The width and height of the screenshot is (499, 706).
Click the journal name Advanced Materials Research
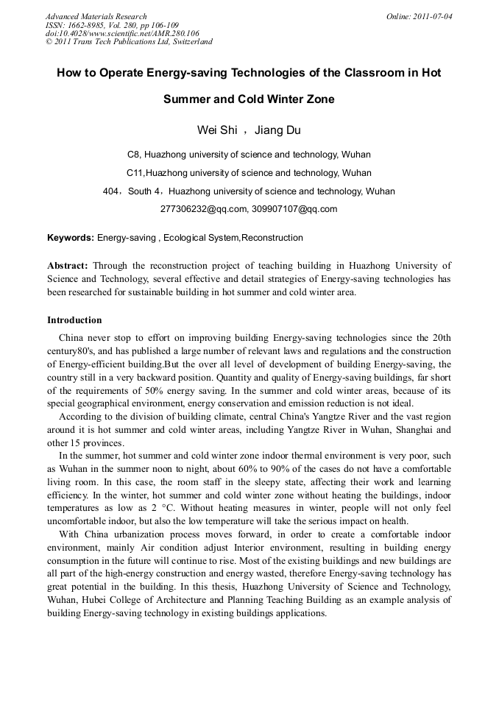tap(96, 16)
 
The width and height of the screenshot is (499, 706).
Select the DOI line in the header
tap(122, 33)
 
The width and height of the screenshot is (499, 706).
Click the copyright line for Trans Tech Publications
tap(129, 42)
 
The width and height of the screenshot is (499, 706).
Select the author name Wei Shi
tap(217, 130)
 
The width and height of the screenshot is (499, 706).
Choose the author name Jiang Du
tap(277, 130)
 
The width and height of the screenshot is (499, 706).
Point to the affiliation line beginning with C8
tap(249, 155)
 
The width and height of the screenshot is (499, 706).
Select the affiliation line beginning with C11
tap(249, 173)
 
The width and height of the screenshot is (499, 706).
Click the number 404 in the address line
tap(111, 191)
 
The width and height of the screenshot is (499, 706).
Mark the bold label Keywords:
tap(71, 238)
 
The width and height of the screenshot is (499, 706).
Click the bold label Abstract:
tap(68, 265)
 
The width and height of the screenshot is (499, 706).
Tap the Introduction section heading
tap(74, 320)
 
